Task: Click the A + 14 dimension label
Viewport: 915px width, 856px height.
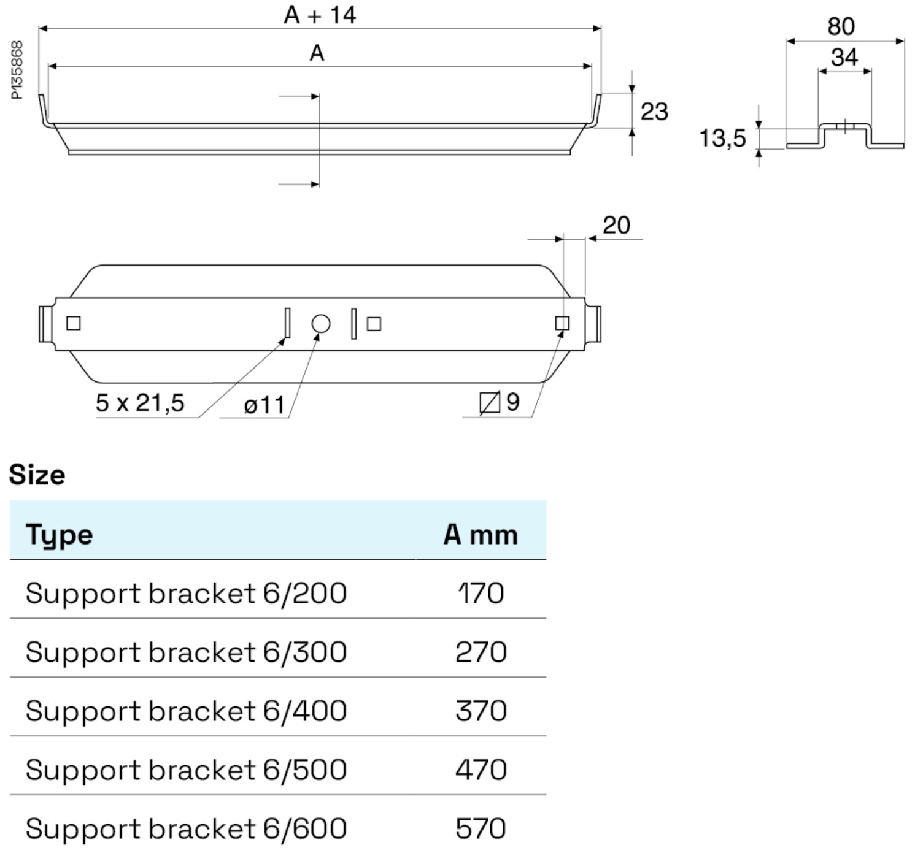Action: click(320, 15)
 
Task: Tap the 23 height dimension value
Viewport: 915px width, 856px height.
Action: click(654, 112)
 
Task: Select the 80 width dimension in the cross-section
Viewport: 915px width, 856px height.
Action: click(841, 26)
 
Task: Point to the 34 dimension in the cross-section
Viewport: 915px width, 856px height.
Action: click(844, 58)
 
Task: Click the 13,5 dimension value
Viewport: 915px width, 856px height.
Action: click(722, 138)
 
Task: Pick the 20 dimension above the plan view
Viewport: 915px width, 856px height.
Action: click(616, 225)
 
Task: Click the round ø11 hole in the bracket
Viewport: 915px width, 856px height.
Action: click(320, 324)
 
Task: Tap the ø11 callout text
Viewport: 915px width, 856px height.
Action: click(264, 405)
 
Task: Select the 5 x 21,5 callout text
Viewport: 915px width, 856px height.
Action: click(140, 403)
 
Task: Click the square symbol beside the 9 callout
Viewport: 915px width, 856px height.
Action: click(489, 403)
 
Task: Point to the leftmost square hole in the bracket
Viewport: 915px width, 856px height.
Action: click(73, 323)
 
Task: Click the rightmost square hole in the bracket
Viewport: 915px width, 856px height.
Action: click(562, 323)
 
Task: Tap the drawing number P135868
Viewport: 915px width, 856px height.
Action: click(17, 70)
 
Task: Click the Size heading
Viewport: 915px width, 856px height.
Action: click(37, 475)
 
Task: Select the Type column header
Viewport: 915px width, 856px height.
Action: click(59, 534)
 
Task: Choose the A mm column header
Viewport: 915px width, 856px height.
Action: click(481, 534)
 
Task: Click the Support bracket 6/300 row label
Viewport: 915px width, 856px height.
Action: click(186, 652)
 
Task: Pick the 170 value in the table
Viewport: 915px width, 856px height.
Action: click(481, 593)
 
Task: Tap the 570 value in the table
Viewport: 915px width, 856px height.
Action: click(481, 828)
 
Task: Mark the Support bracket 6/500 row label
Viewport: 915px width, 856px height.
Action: click(186, 770)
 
